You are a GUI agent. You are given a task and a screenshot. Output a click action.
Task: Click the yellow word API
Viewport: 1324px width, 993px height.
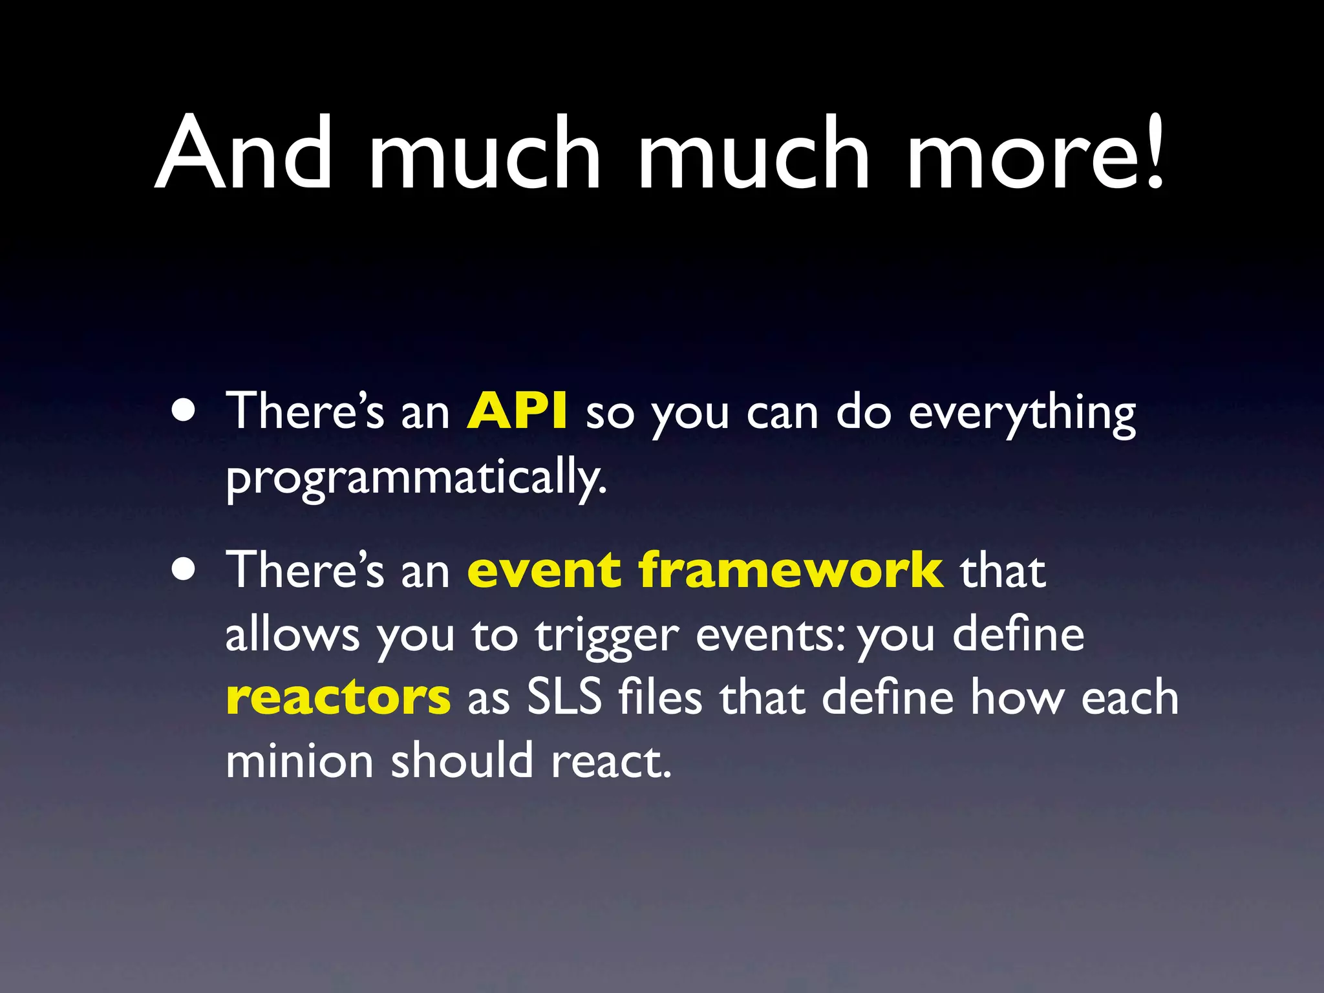click(517, 411)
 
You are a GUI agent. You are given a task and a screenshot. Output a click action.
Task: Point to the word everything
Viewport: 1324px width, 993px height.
click(1021, 414)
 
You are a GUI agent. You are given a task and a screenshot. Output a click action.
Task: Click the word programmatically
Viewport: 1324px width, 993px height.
click(416, 477)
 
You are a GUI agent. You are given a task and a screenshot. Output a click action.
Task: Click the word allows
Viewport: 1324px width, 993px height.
click(292, 635)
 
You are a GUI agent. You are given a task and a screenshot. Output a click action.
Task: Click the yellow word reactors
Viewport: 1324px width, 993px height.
click(338, 698)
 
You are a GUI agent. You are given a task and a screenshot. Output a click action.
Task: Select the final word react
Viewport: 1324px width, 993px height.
click(610, 762)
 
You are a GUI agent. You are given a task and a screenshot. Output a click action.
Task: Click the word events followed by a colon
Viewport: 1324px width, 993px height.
click(769, 635)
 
